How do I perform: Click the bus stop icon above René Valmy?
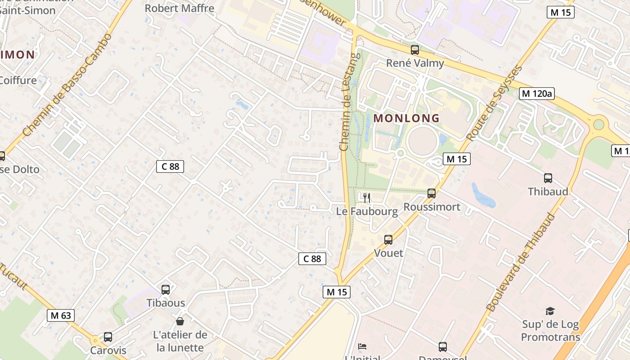pos(415,50)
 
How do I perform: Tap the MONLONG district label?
pos(406,118)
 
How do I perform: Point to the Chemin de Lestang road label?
pos(350,102)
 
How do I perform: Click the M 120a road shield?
pos(536,94)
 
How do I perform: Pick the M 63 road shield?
pos(61,315)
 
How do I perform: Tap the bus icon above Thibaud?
pos(548,178)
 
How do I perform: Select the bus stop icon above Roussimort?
pos(432,193)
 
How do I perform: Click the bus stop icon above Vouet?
pos(388,240)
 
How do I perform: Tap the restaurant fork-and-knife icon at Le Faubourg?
pos(367,198)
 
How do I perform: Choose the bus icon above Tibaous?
pos(166,290)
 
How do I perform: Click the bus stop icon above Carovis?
pos(108,337)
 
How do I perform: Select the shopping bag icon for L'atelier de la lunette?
pos(180,321)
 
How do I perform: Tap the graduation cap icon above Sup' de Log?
pos(550,311)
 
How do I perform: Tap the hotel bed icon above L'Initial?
pos(362,346)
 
